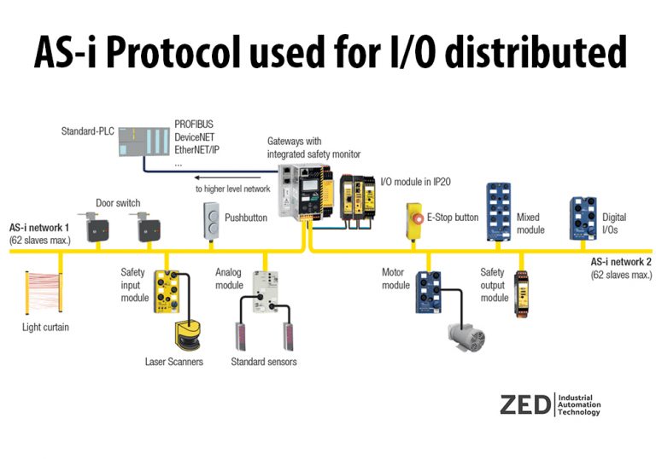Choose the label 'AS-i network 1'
click(39, 229)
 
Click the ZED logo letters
click(525, 404)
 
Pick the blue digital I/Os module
click(583, 217)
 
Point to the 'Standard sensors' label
click(265, 363)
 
